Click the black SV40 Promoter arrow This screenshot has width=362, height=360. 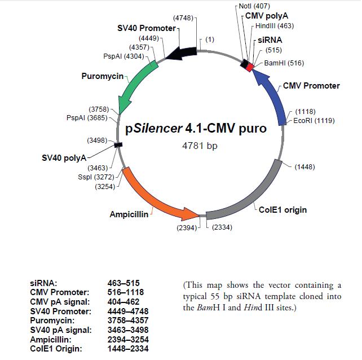tap(181, 52)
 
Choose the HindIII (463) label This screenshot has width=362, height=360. tap(275, 26)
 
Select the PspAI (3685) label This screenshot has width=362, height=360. tap(87, 117)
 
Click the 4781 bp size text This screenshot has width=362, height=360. tap(200, 146)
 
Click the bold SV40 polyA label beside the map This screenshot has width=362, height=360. tap(64, 156)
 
